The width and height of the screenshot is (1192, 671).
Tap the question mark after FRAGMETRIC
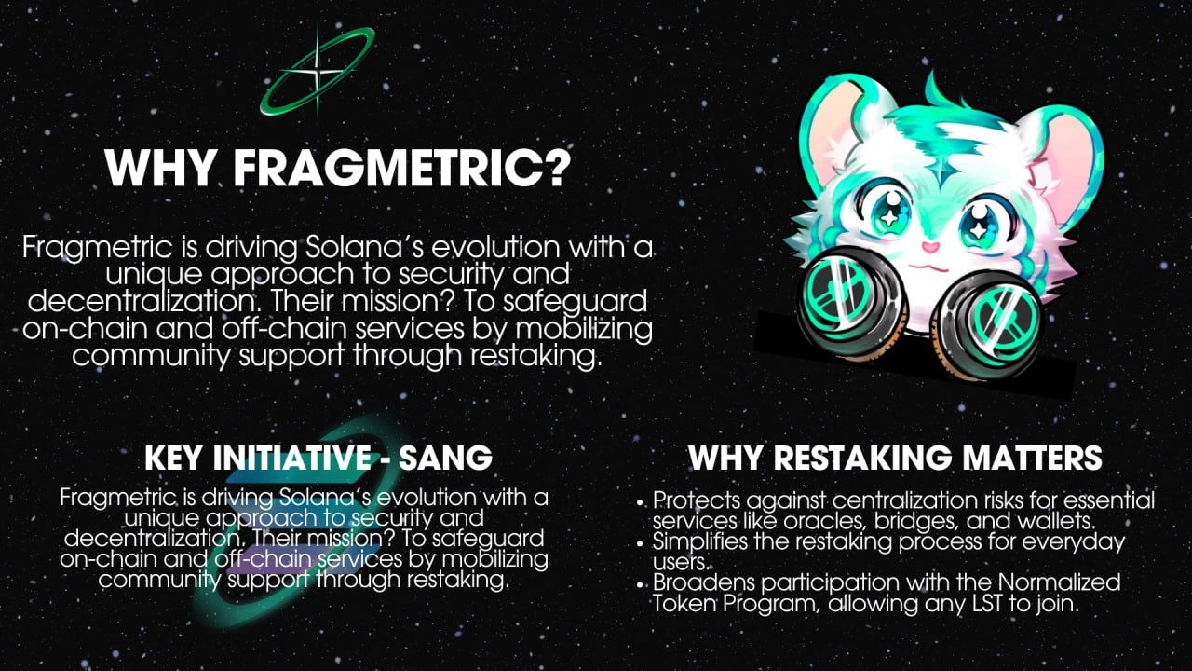coord(558,167)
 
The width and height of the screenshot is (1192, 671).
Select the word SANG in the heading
coord(445,457)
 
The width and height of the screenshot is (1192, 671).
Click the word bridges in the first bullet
coord(914,520)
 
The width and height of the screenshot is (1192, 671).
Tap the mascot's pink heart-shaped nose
coord(930,247)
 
